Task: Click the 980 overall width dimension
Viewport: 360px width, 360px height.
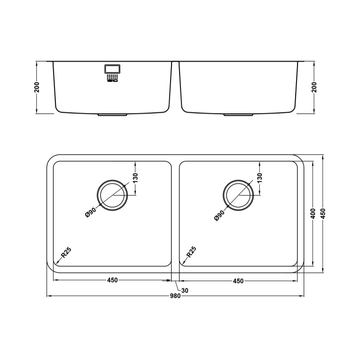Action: pos(175,296)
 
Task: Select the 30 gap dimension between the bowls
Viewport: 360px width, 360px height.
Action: pos(185,290)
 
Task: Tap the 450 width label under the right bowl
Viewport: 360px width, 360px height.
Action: pos(238,281)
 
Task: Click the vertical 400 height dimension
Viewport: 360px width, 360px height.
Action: pos(313,214)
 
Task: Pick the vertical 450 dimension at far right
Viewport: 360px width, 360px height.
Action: pos(323,214)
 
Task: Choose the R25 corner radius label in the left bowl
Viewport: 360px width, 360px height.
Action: pos(66,252)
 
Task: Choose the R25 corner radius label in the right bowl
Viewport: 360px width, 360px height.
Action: pos(192,252)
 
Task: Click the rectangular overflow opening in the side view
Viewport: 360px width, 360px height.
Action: pos(112,68)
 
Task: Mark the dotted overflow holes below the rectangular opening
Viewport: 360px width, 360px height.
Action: pos(112,78)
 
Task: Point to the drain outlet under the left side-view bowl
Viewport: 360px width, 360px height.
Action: pos(112,115)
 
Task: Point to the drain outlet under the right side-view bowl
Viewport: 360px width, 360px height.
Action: pos(238,115)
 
